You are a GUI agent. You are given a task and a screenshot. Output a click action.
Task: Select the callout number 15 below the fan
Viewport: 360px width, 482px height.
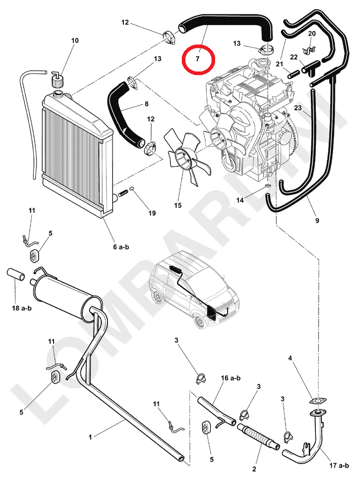pos(178,205)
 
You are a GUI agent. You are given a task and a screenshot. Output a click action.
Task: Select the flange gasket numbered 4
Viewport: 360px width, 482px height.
pos(318,400)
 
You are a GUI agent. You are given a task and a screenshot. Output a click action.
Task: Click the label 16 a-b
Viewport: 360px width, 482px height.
pos(230,378)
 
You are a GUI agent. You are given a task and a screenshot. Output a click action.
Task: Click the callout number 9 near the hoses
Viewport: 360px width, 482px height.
pos(317,220)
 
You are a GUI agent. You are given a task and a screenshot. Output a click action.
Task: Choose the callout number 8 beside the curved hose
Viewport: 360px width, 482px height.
pos(146,104)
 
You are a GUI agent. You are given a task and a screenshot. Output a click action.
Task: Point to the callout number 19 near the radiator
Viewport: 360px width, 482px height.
pos(153,213)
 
